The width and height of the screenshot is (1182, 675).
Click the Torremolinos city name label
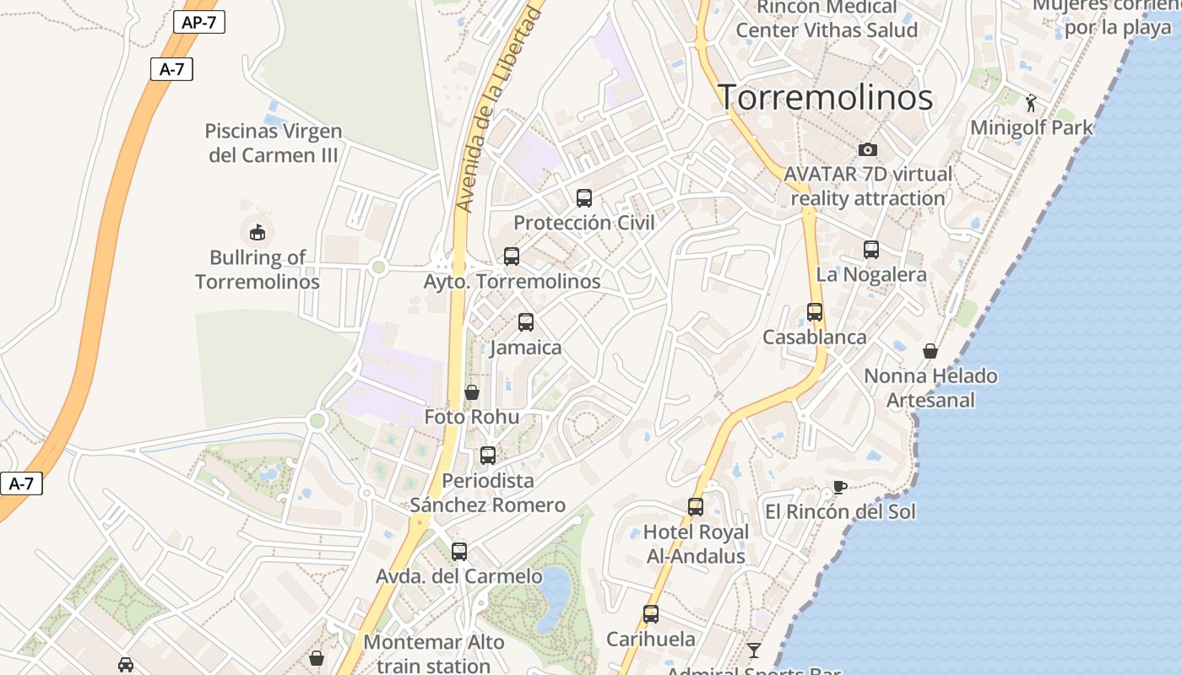coord(825,98)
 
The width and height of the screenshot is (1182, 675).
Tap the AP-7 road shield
coord(199,22)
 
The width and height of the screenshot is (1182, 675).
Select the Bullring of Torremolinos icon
coord(258,231)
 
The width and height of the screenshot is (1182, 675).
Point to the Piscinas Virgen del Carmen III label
coord(274,143)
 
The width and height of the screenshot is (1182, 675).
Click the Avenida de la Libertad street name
coord(498,110)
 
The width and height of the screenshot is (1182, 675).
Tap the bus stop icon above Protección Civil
coord(584,198)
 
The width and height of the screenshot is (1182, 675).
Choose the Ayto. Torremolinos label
coord(512,281)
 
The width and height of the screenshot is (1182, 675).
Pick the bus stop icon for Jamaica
coord(526,321)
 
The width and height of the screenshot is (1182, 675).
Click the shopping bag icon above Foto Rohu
coord(472,392)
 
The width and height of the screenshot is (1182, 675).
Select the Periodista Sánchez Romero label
coord(488,493)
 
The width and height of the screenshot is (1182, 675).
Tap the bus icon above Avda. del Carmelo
coord(459,552)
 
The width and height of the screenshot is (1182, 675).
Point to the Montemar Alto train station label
coord(434,653)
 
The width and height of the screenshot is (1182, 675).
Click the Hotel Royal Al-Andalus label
coord(696,543)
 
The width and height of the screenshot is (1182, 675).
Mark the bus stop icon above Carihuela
coord(651,613)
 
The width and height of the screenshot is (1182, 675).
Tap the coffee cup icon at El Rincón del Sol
coord(839,487)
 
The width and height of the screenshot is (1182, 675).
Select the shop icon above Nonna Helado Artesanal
coord(930,350)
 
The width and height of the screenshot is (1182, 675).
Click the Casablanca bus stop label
coord(814,337)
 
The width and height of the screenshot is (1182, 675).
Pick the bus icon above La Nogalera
coord(871,250)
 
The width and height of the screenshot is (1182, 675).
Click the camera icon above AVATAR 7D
coord(868,149)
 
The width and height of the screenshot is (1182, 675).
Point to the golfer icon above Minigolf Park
coord(1031,103)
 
